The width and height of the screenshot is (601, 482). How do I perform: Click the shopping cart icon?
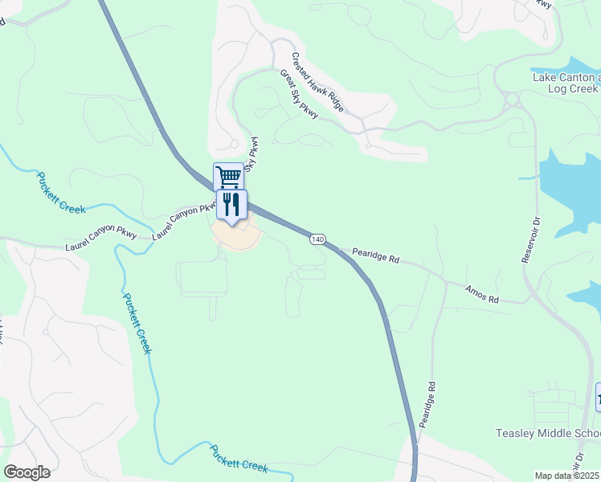tap(229, 175)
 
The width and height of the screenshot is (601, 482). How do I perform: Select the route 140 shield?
tap(317, 239)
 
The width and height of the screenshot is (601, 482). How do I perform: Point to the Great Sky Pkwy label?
tap(299, 94)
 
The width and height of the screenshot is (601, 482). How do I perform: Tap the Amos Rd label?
tap(482, 293)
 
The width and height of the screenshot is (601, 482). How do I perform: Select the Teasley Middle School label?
tap(547, 435)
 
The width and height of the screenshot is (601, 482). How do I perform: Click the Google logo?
tap(27, 472)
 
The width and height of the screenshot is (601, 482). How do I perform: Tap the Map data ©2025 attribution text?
tap(567, 476)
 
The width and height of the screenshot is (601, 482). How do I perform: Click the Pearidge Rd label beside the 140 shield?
tap(375, 256)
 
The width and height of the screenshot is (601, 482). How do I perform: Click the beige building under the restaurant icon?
tap(236, 235)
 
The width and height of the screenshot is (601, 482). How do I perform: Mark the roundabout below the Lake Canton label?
tap(511, 100)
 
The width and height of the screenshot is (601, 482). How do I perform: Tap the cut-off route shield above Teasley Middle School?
tap(598, 398)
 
